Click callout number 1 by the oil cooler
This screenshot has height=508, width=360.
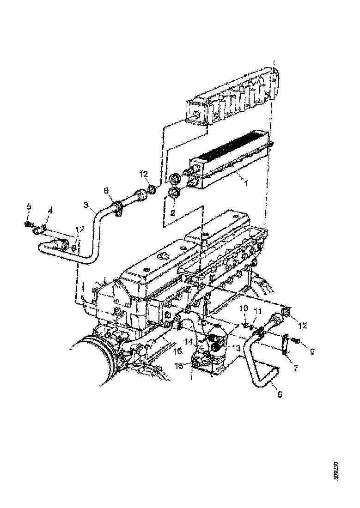[246, 183]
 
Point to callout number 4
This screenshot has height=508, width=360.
[50, 211]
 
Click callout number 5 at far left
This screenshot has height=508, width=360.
[29, 206]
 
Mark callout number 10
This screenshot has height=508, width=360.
[245, 308]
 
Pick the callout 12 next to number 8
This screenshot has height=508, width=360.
[144, 174]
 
